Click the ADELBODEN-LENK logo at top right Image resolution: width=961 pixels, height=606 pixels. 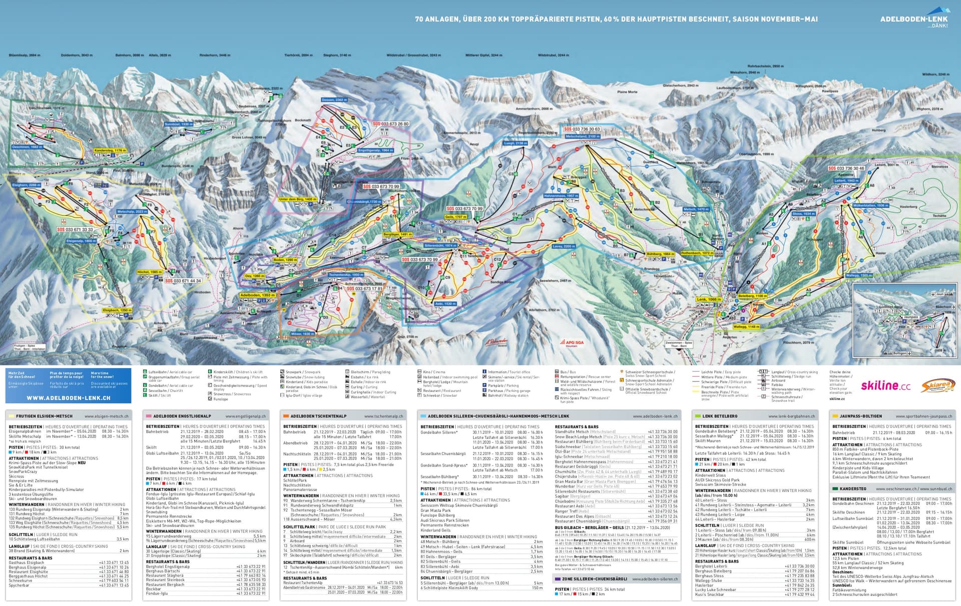913,19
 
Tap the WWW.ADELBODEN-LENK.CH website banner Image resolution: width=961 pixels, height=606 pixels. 69,397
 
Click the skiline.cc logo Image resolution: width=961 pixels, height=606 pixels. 885,385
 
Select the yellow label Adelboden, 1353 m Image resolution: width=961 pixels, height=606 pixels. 257,295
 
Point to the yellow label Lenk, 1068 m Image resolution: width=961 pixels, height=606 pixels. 708,299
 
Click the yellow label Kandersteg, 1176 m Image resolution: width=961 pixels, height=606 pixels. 110,150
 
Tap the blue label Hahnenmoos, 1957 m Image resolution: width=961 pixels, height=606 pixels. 561,196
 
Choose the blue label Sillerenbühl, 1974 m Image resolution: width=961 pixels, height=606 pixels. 440,245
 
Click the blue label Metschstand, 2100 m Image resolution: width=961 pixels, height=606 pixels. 583,136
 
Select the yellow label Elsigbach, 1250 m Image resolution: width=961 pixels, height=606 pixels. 117,310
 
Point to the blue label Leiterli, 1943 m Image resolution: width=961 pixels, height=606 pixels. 846,180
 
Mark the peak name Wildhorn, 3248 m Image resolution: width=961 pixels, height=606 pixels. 935,74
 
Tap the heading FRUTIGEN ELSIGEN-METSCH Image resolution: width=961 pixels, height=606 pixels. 44,416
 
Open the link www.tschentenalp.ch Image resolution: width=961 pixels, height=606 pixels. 383,416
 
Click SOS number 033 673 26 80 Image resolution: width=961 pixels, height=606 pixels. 390,123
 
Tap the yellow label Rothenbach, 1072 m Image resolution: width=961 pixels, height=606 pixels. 697,253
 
